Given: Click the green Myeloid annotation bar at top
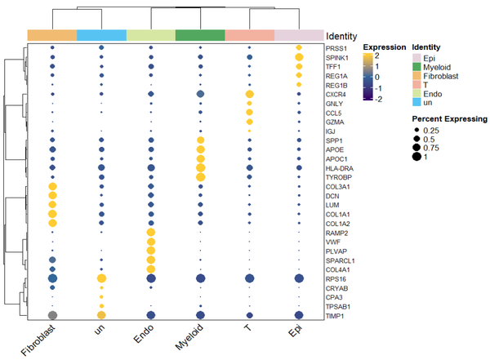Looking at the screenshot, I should click(x=200, y=35).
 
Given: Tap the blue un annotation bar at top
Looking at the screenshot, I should click(x=101, y=35).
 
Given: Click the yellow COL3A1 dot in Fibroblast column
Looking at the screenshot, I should click(x=52, y=187).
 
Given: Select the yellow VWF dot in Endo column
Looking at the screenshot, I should click(x=150, y=242).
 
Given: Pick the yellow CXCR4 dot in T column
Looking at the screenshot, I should click(x=249, y=95).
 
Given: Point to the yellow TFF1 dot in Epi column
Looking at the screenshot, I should click(x=298, y=67).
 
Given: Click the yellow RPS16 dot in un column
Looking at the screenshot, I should click(x=101, y=278).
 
